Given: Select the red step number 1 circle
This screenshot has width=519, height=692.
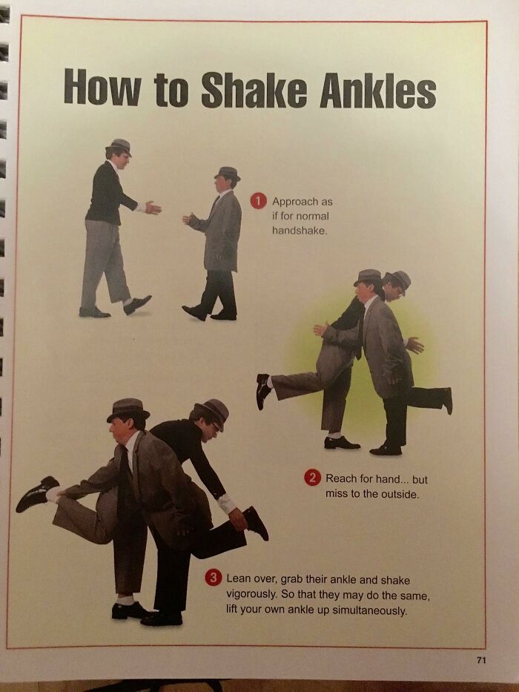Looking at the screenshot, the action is point(258,201).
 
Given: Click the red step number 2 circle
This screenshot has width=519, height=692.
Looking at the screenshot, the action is point(312,478).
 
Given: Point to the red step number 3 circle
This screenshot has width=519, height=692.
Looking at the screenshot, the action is point(214,578).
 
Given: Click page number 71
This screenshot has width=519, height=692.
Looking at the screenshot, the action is point(480,660).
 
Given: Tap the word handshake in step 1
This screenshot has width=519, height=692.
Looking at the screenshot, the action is point(300,231).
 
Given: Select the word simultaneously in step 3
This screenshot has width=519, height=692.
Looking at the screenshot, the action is point(369,610).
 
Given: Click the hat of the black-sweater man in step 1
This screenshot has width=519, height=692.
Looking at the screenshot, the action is point(119,145).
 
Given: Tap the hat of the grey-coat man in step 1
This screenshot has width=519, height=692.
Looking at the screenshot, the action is point(228,173).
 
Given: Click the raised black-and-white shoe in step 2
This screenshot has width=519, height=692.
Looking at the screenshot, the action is point(263,391).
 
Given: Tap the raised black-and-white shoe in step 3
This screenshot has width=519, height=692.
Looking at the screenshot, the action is point(37,493).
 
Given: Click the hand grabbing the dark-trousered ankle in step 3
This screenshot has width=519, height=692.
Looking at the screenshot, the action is point(238,518).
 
